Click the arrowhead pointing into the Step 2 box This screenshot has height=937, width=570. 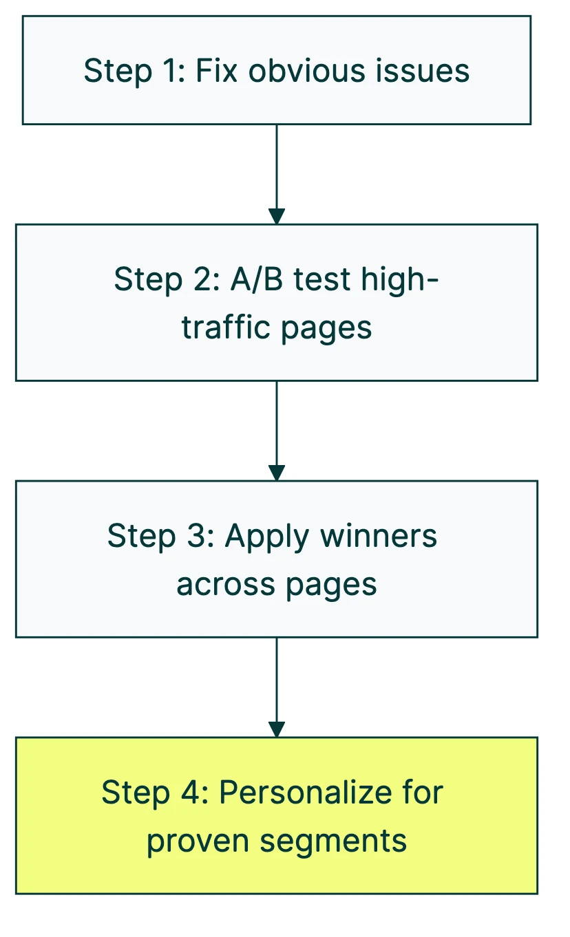coord(277,216)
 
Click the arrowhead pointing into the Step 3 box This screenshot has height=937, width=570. coord(277,473)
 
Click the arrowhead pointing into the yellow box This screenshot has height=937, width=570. coord(277,729)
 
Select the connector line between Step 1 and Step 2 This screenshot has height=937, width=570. coord(277,165)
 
